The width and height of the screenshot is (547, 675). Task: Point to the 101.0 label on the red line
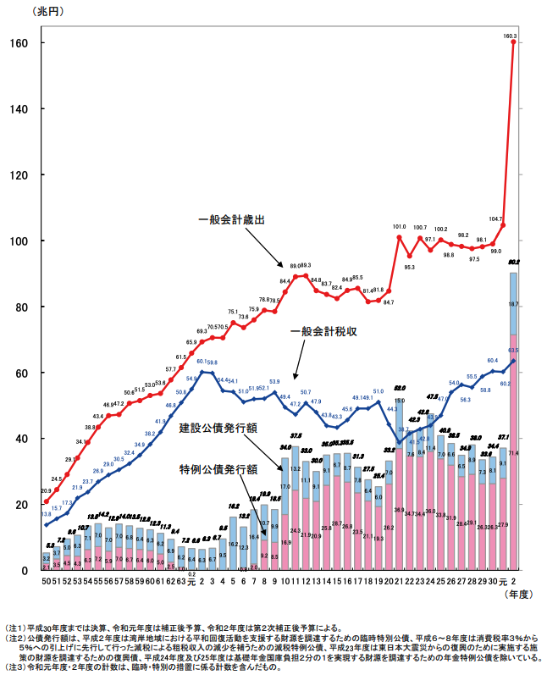(399, 227)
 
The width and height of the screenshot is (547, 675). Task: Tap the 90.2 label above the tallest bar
(514, 263)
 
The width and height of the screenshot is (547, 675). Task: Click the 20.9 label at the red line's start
(46, 491)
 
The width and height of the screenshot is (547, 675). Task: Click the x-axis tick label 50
(47, 580)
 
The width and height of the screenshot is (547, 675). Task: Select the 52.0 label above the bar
(399, 388)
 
